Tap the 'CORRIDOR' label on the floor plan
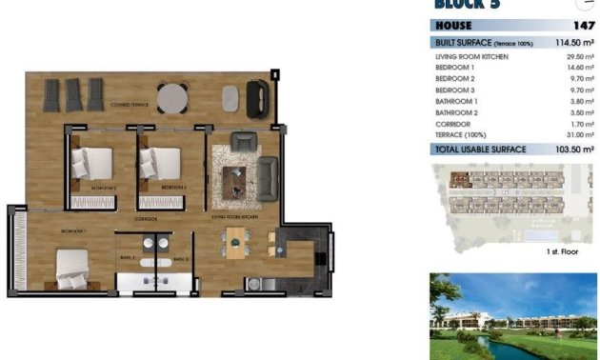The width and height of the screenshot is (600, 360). pyautogui.click(x=146, y=219)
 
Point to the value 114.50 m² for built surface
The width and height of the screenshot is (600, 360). pyautogui.click(x=574, y=43)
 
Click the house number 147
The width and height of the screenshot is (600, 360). pyautogui.click(x=584, y=27)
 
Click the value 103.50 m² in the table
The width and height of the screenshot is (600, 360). pyautogui.click(x=574, y=150)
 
